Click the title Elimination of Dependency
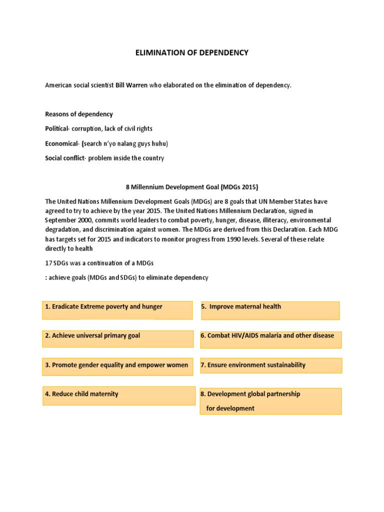191,52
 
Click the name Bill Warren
132,85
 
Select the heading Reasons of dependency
79,114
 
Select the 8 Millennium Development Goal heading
191,187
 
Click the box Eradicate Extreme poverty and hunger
117,309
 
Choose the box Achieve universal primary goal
118,338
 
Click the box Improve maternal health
269,310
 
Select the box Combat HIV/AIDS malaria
270,338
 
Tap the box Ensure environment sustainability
271,365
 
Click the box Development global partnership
270,401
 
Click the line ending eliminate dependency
126,277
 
